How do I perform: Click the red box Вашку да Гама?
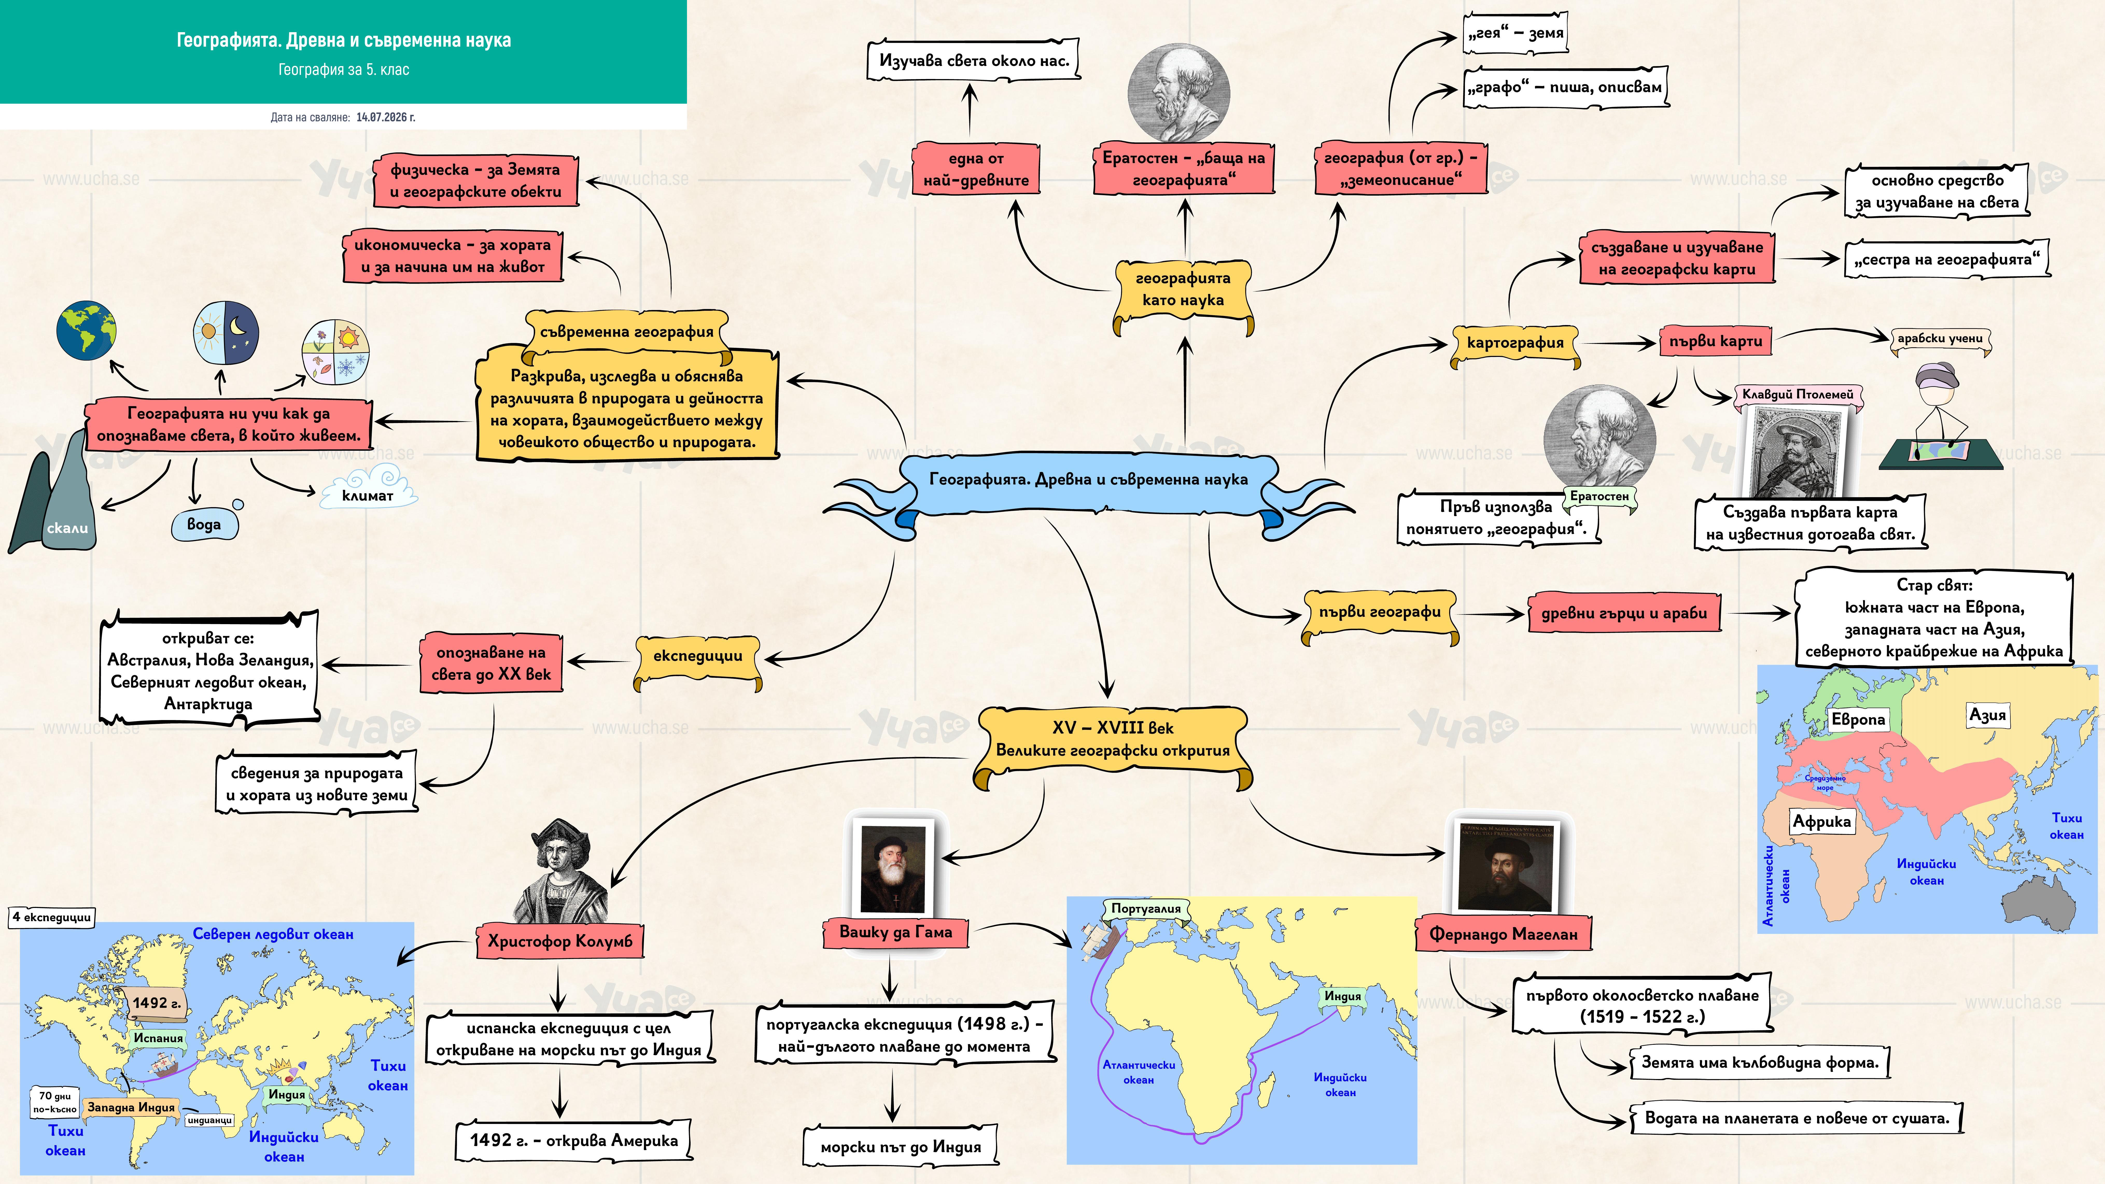[x=896, y=932]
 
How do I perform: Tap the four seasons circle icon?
[x=335, y=352]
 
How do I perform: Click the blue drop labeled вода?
[x=205, y=523]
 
